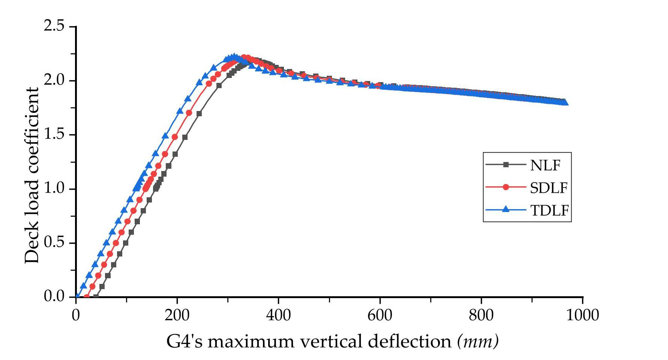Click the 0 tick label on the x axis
click(x=76, y=315)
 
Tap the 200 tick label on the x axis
click(x=177, y=315)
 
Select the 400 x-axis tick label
click(x=278, y=315)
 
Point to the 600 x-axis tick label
click(x=380, y=315)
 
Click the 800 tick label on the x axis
click(x=481, y=315)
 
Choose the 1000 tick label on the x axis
click(x=582, y=315)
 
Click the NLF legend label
click(x=545, y=165)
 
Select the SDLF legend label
click(x=549, y=188)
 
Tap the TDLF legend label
click(x=549, y=210)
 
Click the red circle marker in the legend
click(x=506, y=187)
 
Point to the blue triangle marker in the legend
click(x=506, y=209)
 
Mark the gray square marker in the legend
click(x=506, y=164)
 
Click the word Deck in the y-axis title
click(x=32, y=248)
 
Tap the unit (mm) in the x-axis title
click(x=478, y=342)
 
